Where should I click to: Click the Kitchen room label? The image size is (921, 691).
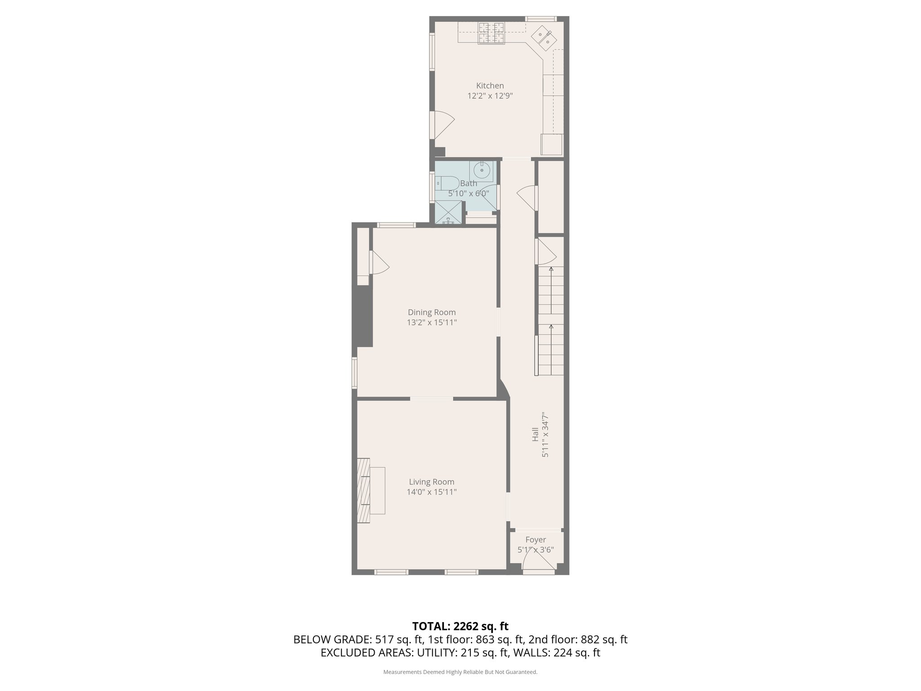tap(490, 85)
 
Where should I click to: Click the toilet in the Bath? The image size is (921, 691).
tap(447, 184)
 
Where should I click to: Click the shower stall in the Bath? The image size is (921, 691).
tap(448, 212)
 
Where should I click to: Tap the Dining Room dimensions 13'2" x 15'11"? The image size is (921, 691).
tap(432, 323)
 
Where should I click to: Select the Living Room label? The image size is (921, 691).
tap(431, 482)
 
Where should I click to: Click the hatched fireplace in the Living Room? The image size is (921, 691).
tap(364, 491)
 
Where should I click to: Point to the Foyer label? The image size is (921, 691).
tap(535, 540)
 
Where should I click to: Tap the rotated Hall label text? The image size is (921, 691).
tap(535, 435)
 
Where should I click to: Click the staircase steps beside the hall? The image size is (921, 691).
tap(551, 324)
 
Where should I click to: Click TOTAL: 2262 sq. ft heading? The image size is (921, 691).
tap(460, 626)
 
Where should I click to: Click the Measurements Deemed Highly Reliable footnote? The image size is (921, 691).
tap(460, 672)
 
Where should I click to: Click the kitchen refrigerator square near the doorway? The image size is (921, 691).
tap(552, 145)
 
